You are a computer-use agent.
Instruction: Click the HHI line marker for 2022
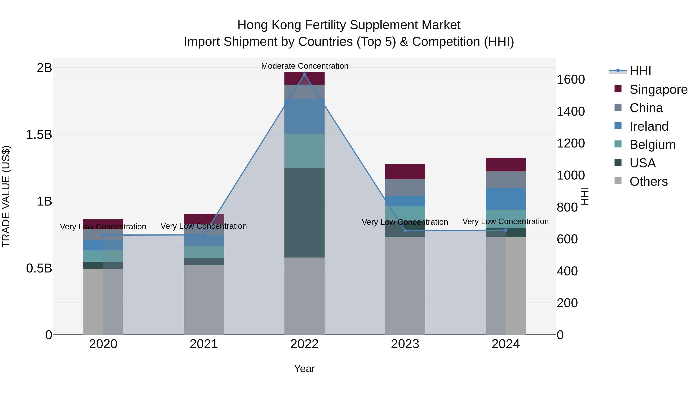point(304,74)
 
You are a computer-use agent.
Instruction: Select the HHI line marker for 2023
point(405,231)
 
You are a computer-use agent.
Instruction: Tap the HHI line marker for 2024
point(506,230)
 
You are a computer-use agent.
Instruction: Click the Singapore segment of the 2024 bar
point(506,165)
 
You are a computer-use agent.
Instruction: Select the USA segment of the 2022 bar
point(304,213)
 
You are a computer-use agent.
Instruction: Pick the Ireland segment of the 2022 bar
point(304,116)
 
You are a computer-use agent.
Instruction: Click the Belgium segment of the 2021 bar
point(204,252)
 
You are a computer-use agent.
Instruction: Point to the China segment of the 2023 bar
point(405,187)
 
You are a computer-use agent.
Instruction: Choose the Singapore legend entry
point(658,89)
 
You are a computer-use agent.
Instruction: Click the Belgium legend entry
point(652,145)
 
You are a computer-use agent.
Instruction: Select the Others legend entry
point(648,181)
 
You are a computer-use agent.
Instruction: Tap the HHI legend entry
point(640,71)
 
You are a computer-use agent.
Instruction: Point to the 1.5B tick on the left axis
point(39,134)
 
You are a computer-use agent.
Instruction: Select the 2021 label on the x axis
point(204,344)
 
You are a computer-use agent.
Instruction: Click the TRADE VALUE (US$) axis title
point(6,196)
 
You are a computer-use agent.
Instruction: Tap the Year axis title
point(304,369)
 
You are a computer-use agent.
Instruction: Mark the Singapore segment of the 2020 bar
point(103,224)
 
